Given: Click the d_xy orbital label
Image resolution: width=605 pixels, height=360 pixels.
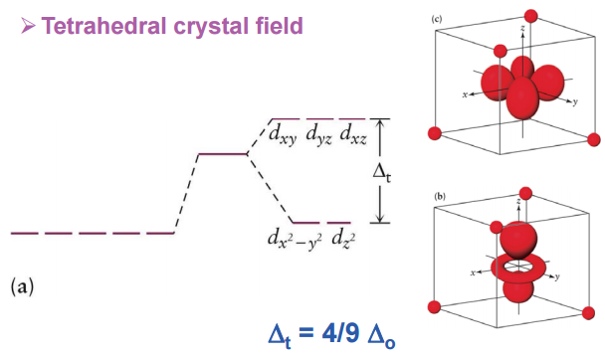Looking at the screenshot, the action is coord(283,133).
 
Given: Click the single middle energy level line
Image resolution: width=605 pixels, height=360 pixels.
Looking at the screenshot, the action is coord(222,154).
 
